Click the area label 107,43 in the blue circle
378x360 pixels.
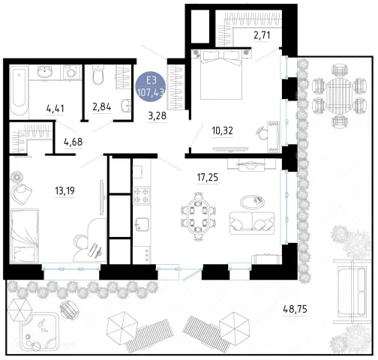click(151, 93)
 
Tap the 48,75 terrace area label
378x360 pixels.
click(295, 309)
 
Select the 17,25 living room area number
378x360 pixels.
click(208, 178)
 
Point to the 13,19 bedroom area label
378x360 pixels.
click(64, 190)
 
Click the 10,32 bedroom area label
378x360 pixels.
click(223, 130)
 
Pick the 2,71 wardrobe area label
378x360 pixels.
click(262, 35)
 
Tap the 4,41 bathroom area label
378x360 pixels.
click(55, 109)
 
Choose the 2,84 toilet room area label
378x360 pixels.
click(102, 107)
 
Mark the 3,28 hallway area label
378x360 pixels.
click(157, 115)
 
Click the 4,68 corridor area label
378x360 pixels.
click(73, 142)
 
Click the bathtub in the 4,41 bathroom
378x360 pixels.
click(19, 92)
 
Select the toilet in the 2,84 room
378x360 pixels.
click(97, 74)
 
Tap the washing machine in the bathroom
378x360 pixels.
click(72, 73)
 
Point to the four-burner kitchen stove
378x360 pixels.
click(142, 196)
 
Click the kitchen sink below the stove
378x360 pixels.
click(142, 224)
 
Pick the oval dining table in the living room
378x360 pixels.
click(198, 216)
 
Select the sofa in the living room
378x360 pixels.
click(252, 223)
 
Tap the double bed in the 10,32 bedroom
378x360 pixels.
click(221, 74)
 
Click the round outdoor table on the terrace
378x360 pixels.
click(339, 94)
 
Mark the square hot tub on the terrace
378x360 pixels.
click(40, 331)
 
